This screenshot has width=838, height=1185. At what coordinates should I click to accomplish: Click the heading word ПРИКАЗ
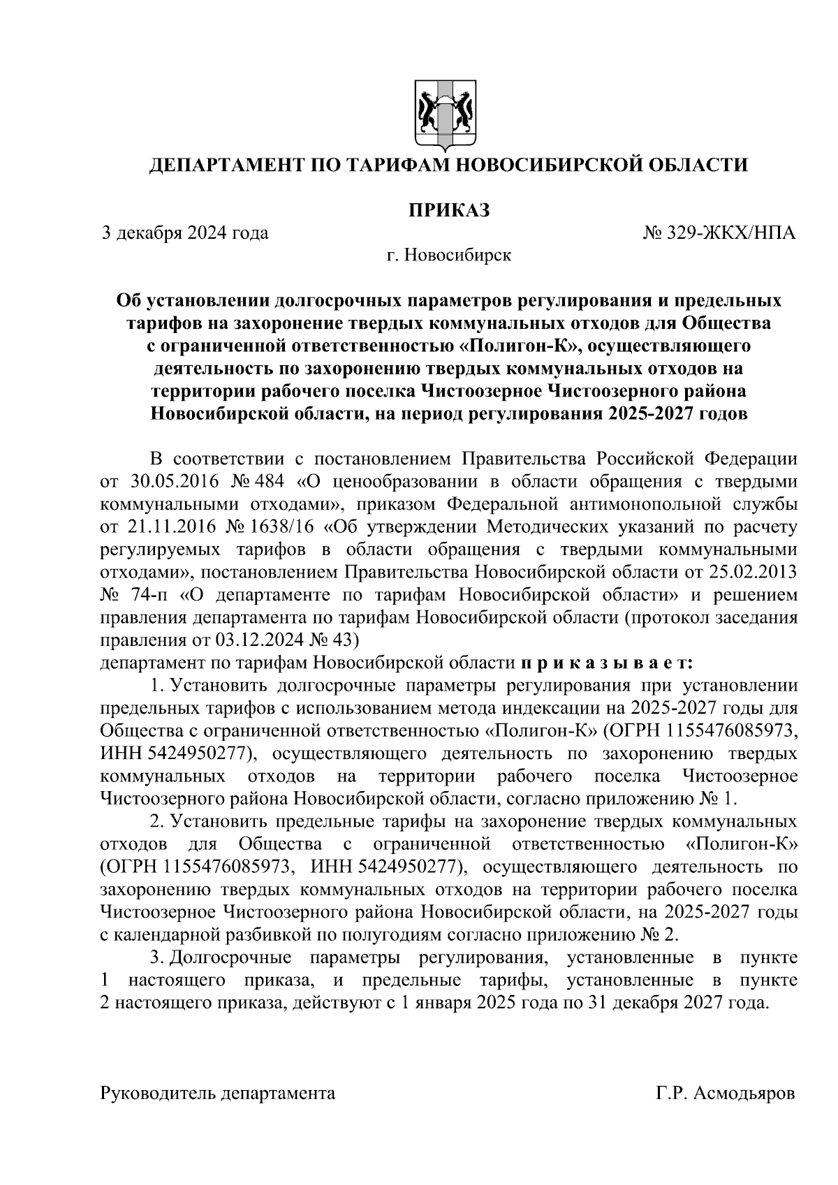(x=447, y=209)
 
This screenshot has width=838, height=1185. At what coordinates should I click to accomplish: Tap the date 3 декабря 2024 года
(x=185, y=233)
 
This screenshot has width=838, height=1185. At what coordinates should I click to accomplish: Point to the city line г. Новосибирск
(x=449, y=255)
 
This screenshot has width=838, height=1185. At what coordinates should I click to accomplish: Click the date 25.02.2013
(x=755, y=571)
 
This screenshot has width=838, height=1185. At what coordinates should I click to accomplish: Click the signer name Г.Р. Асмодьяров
(x=725, y=1094)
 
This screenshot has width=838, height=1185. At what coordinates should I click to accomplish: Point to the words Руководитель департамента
(x=218, y=1094)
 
